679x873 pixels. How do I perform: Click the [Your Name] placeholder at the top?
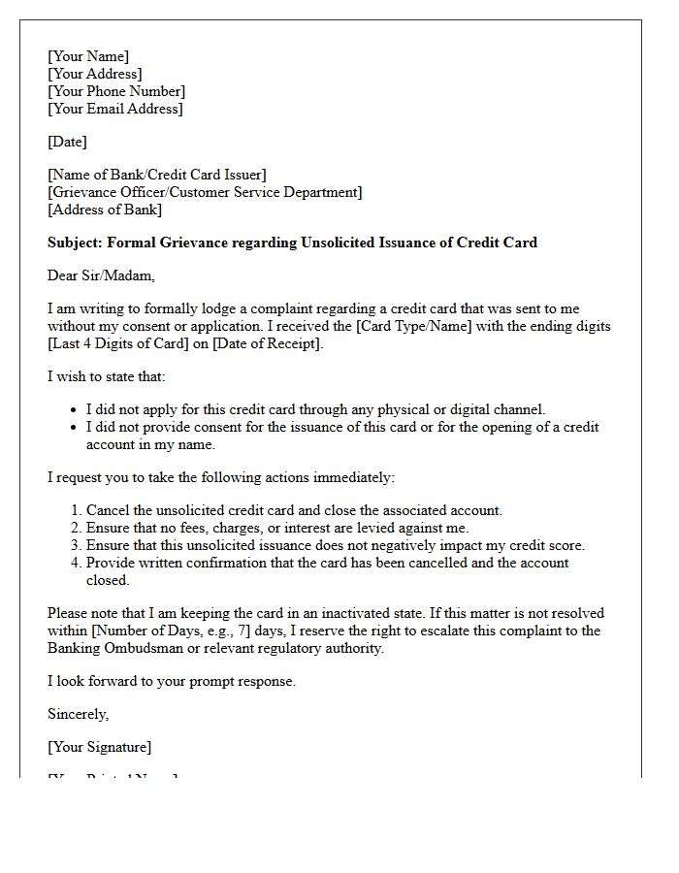click(x=88, y=56)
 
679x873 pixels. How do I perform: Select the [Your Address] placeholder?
click(x=95, y=74)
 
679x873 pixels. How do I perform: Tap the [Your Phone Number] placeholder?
click(x=116, y=91)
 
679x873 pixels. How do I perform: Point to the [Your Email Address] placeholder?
click(x=114, y=109)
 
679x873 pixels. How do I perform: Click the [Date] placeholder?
click(x=67, y=142)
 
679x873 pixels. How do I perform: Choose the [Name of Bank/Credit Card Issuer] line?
click(x=156, y=175)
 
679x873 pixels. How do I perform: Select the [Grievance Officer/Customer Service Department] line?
click(x=205, y=192)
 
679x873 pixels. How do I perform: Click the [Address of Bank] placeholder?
click(x=105, y=210)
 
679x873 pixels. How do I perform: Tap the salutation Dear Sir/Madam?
click(x=101, y=275)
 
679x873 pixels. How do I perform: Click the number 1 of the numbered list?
click(x=76, y=510)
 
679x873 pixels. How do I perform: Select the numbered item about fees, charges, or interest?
click(x=277, y=528)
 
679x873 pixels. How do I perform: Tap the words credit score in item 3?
click(x=544, y=545)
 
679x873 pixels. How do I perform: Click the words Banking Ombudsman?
click(x=111, y=648)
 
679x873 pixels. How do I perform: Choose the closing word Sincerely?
click(x=79, y=714)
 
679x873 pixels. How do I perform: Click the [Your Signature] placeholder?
click(x=99, y=747)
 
